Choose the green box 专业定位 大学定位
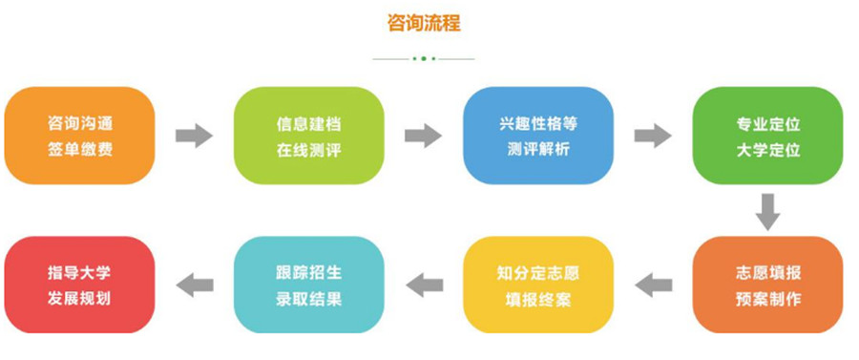point(767,136)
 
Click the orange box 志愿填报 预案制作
point(767,285)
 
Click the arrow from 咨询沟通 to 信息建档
point(194,135)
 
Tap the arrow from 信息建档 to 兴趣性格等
point(423,135)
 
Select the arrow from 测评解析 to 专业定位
point(653,135)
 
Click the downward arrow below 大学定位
point(767,210)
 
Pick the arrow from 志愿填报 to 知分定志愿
point(653,284)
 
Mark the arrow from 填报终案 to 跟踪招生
point(424,284)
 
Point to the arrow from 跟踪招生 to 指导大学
point(195,284)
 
